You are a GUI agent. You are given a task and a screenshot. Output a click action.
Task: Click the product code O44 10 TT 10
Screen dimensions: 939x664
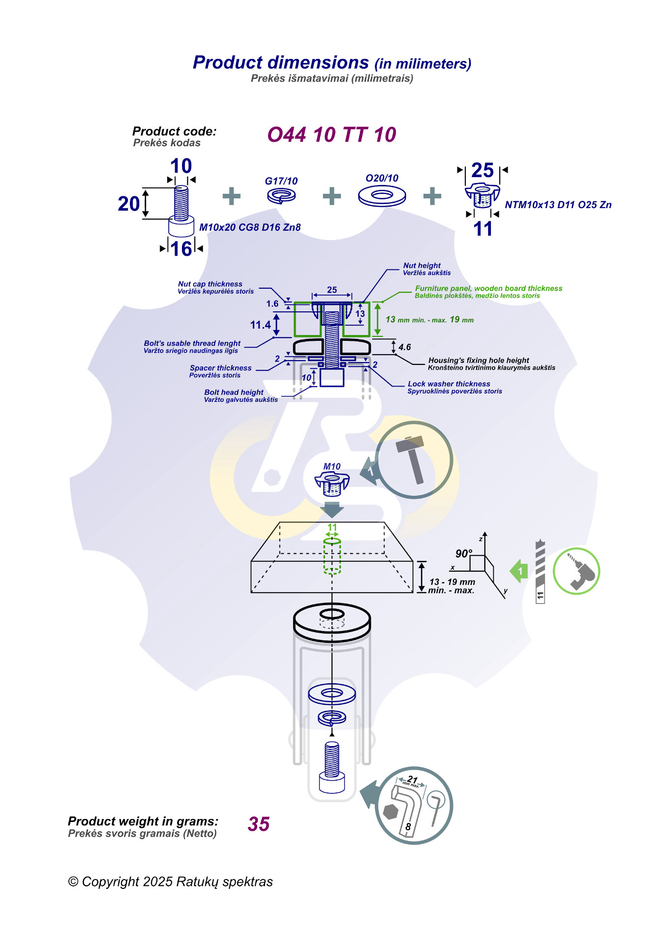332,135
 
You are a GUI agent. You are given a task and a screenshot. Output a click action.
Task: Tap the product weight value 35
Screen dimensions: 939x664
259,824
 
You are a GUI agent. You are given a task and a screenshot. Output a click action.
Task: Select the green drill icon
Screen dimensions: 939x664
576,571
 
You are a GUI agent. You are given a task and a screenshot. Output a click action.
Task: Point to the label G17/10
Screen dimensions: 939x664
281,181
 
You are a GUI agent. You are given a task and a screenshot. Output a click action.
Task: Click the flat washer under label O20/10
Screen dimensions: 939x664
382,196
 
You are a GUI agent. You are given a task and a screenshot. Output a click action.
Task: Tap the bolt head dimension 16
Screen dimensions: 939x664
181,249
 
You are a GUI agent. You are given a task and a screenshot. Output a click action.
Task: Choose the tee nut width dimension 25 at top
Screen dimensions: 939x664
482,170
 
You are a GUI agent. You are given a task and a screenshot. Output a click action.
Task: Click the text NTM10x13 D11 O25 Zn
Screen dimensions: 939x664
558,205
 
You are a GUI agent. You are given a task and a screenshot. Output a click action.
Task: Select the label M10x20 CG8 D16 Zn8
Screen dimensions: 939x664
249,227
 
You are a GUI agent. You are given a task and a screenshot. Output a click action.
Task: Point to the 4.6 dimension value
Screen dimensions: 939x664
404,347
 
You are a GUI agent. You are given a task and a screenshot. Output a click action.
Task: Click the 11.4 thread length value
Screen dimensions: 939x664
260,325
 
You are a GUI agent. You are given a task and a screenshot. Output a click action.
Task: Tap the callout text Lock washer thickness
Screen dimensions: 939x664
449,384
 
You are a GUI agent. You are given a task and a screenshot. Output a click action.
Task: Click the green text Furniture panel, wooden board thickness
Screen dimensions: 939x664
488,288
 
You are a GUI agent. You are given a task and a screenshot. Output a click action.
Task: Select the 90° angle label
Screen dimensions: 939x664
463,554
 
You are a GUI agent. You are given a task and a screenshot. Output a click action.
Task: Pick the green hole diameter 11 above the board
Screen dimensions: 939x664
332,527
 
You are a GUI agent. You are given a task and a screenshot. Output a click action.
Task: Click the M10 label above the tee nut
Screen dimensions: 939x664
332,466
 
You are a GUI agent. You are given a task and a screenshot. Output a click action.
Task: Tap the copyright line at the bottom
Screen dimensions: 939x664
170,882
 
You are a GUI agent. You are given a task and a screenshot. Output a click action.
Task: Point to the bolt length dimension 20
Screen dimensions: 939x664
128,204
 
